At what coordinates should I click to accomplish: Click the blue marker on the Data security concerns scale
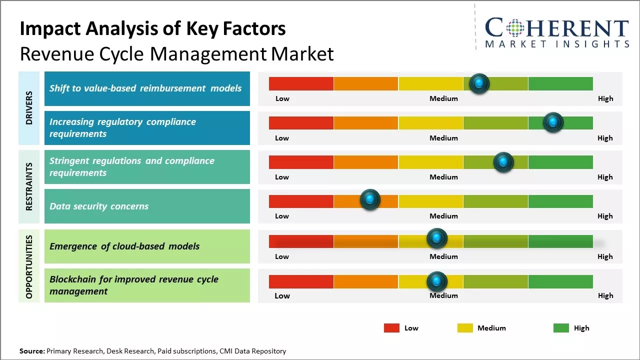click(370, 199)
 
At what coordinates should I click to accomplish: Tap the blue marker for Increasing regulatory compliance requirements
click(553, 122)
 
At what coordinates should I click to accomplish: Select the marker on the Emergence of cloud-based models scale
click(437, 238)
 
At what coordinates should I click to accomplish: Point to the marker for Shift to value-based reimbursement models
click(479, 83)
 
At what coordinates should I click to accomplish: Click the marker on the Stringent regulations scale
click(503, 162)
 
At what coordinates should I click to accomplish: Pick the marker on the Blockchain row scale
click(437, 281)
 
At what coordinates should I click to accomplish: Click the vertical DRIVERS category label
click(29, 108)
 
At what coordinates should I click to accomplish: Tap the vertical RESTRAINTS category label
click(29, 186)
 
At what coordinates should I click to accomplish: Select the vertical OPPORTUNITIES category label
click(29, 266)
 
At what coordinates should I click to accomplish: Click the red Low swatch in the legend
click(391, 328)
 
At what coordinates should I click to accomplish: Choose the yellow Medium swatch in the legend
click(465, 328)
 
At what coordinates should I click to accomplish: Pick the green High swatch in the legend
click(561, 328)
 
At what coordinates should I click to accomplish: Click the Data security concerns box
click(147, 206)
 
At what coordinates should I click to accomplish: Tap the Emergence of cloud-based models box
click(147, 246)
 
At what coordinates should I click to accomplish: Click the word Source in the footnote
click(31, 351)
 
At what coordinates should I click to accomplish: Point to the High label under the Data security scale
click(605, 216)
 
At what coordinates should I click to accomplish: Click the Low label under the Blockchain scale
click(282, 295)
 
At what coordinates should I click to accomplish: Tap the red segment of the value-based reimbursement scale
click(301, 83)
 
